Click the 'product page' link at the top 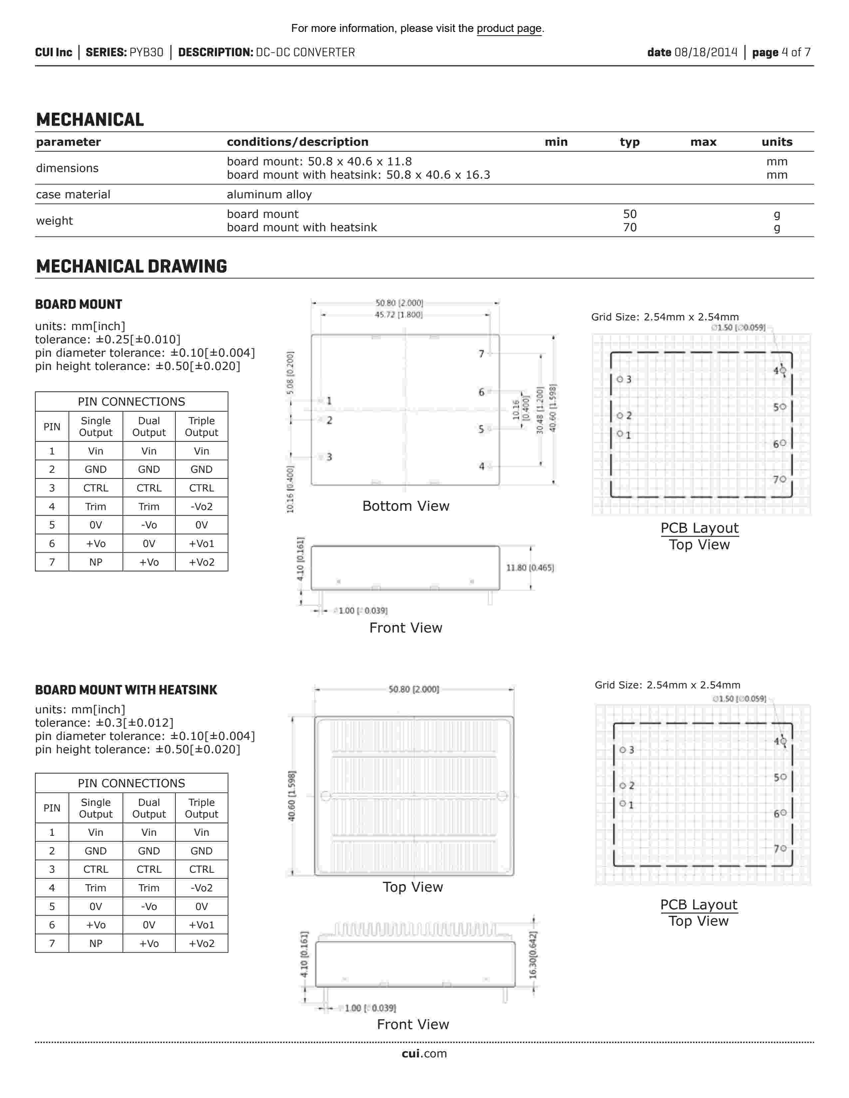click(509, 29)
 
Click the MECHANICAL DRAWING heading click(131, 267)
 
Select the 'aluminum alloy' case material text click(269, 195)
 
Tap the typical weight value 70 click(630, 228)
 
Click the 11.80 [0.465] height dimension click(530, 568)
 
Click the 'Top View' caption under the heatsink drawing click(413, 887)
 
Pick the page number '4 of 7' click(796, 52)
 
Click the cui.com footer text click(424, 1054)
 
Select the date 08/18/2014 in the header click(706, 52)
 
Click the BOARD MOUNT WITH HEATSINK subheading click(126, 690)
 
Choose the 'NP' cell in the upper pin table click(96, 562)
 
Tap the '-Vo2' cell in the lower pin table click(201, 888)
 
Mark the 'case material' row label click(73, 195)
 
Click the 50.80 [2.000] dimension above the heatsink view click(414, 689)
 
